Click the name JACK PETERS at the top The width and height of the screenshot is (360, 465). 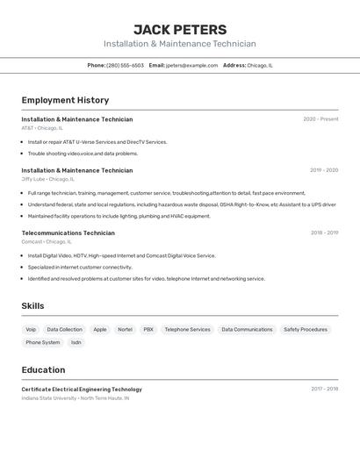[x=180, y=29]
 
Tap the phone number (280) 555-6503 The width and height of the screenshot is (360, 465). [x=125, y=65]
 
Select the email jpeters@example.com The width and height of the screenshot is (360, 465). [x=191, y=65]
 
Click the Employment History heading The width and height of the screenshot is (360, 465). [x=65, y=100]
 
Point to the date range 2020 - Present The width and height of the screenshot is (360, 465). [x=320, y=119]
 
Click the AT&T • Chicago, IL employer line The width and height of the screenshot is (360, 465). [x=42, y=128]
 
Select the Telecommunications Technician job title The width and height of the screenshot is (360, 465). [x=68, y=233]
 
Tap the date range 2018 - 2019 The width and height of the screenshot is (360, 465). [x=324, y=233]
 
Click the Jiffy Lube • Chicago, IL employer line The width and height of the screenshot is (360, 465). [x=47, y=179]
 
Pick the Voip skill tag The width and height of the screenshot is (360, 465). [x=31, y=330]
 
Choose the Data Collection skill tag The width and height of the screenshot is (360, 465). [x=65, y=330]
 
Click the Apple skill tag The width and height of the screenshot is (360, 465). [x=100, y=330]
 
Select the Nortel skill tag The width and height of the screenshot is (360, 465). [x=126, y=330]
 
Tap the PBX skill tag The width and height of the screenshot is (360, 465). [x=148, y=330]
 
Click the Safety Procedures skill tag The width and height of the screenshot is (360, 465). [x=305, y=330]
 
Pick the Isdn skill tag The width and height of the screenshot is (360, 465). [x=76, y=343]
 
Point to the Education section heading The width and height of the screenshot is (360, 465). [x=43, y=369]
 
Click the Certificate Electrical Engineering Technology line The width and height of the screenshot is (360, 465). [x=82, y=389]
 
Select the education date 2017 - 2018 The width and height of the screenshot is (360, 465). [x=324, y=389]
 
